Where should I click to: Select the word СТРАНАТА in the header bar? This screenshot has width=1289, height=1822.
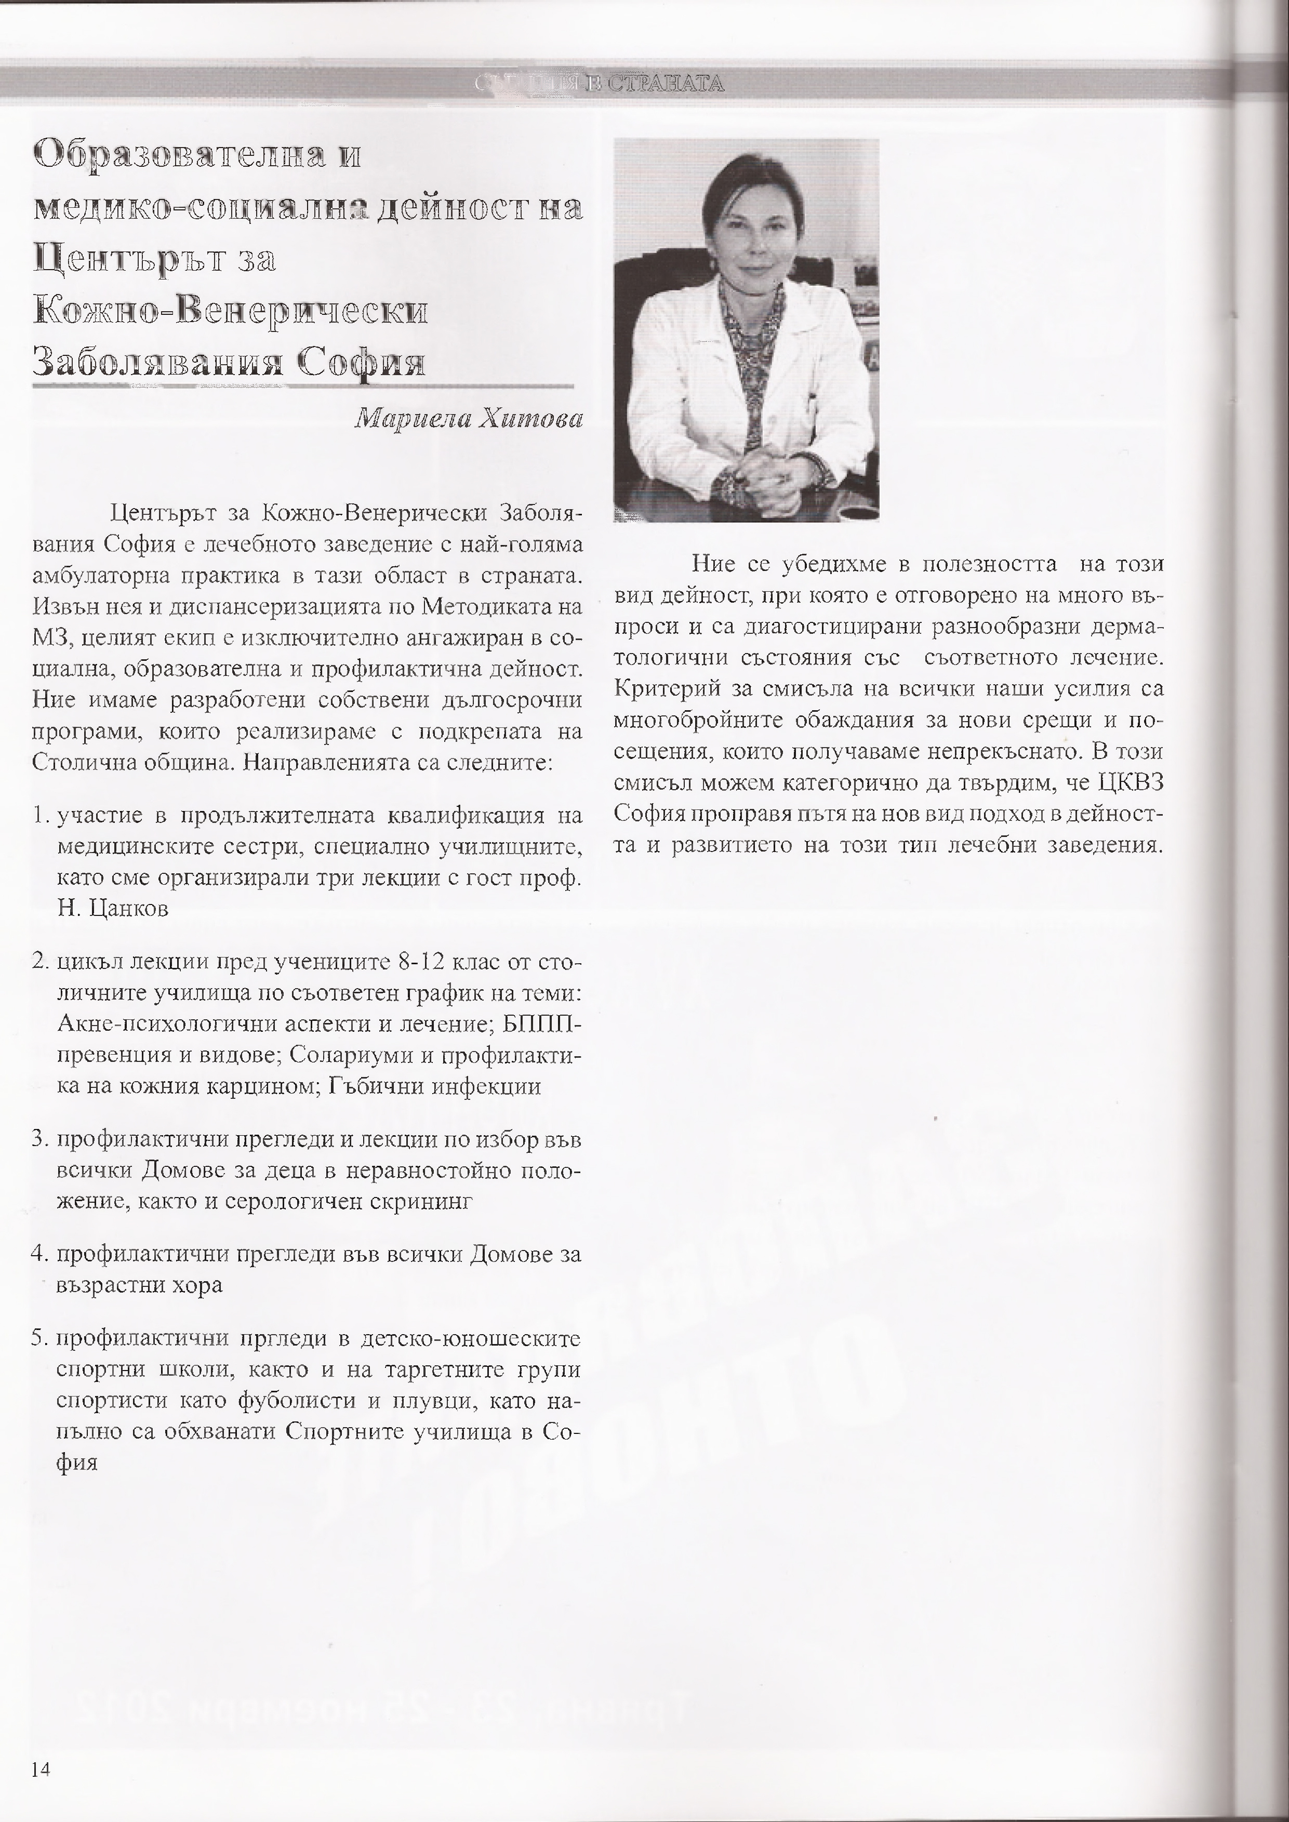point(665,83)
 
